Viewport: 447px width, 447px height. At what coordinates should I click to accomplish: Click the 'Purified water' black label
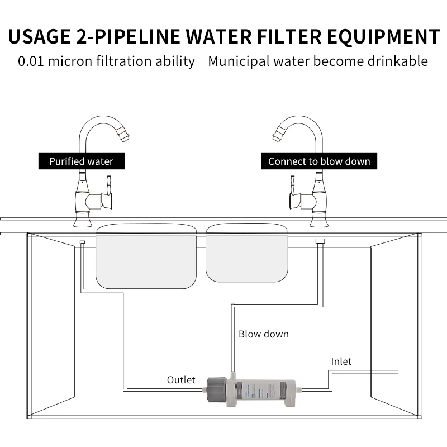(x=81, y=161)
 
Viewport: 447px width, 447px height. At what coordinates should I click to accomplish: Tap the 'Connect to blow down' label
(x=319, y=161)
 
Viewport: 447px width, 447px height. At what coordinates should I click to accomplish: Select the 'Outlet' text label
(x=181, y=380)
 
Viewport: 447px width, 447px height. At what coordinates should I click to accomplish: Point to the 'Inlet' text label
(x=341, y=362)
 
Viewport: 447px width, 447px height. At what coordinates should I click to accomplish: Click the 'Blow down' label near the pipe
(x=264, y=334)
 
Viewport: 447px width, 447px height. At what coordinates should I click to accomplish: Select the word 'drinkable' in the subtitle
(x=398, y=61)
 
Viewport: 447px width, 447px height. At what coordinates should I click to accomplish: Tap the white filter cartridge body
(x=263, y=390)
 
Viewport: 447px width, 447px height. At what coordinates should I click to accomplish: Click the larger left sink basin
(x=146, y=257)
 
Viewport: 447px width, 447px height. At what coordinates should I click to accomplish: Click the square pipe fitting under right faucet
(x=320, y=241)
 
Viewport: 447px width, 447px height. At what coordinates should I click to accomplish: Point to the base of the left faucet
(x=83, y=221)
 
